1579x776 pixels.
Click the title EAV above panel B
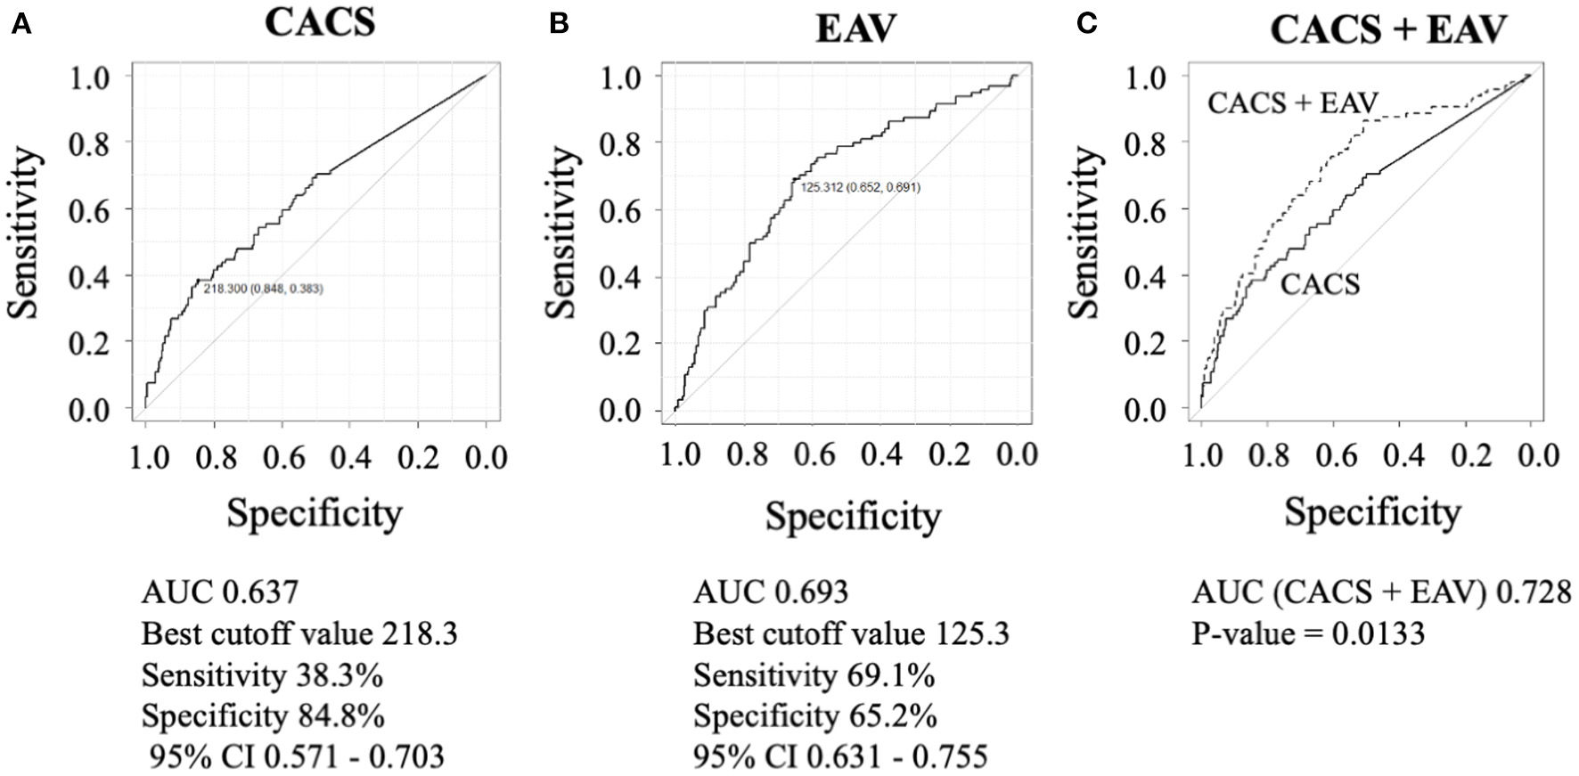click(x=856, y=29)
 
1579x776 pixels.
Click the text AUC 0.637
click(x=219, y=592)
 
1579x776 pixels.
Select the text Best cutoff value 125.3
click(x=851, y=634)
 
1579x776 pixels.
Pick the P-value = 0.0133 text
click(x=1308, y=634)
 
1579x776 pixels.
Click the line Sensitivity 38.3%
click(x=262, y=676)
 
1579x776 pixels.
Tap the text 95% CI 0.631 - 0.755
click(x=840, y=757)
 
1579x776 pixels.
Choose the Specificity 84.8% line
click(x=263, y=716)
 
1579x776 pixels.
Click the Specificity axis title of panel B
click(x=853, y=517)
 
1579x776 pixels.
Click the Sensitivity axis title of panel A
click(x=26, y=233)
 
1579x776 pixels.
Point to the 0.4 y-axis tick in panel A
click(x=89, y=276)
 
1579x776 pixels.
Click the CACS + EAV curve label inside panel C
click(x=1292, y=103)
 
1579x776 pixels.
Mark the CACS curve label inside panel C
click(x=1320, y=285)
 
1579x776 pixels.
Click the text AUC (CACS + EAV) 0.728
click(x=1381, y=592)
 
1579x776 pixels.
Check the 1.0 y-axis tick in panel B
click(x=621, y=78)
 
